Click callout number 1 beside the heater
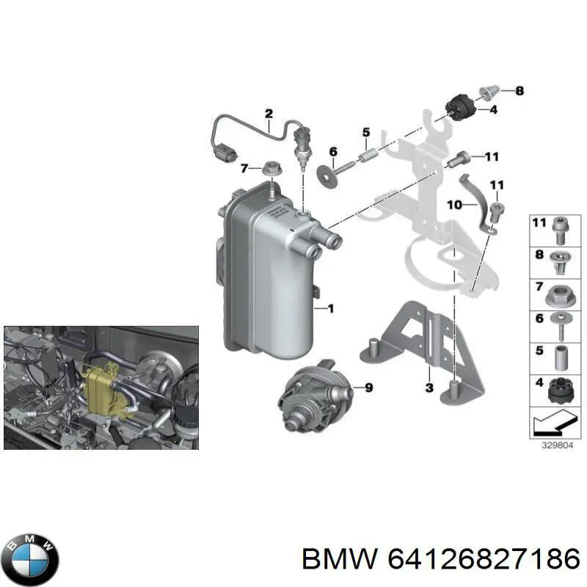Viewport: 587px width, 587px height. [329, 309]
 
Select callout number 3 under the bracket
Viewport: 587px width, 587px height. [429, 387]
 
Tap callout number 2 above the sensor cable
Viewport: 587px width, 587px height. [269, 113]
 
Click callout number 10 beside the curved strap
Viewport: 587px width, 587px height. [453, 205]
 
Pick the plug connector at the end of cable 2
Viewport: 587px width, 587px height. [225, 156]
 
